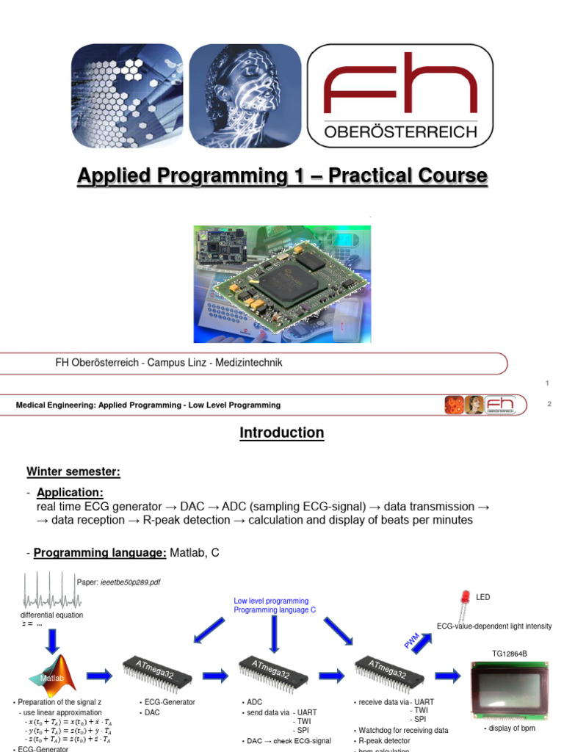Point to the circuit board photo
pyautogui.click(x=282, y=284)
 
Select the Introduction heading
pyautogui.click(x=281, y=433)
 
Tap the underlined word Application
pyautogui.click(x=70, y=493)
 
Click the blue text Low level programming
pyautogui.click(x=271, y=601)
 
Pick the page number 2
pyautogui.click(x=549, y=405)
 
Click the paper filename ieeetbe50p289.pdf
pyautogui.click(x=130, y=582)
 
